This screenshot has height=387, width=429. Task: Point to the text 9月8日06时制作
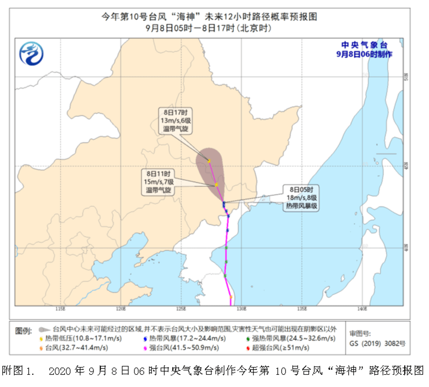click(364, 54)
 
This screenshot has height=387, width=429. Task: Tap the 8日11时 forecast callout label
click(160, 181)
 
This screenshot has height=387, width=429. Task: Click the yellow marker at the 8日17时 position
click(210, 161)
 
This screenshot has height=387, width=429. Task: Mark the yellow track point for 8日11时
click(217, 185)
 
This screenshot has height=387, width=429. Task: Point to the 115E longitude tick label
click(61, 308)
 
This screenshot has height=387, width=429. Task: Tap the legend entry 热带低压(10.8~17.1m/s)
click(83, 338)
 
